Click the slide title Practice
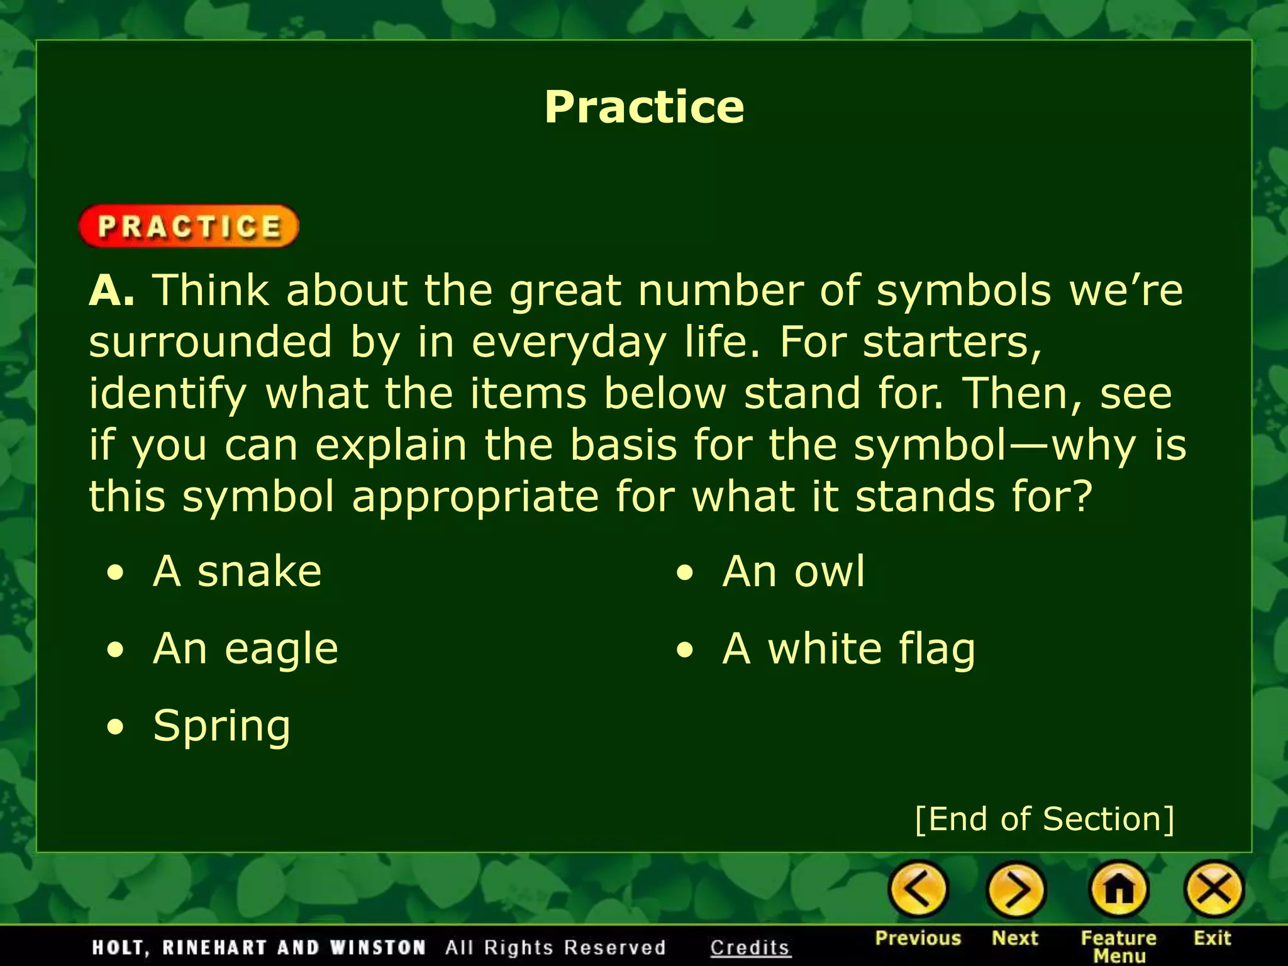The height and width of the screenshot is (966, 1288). click(644, 106)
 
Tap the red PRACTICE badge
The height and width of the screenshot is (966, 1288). click(189, 226)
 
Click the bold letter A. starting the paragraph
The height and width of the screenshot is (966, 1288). click(111, 291)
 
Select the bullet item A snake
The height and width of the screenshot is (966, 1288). click(237, 571)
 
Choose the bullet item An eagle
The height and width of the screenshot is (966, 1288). click(245, 648)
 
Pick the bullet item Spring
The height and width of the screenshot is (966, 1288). click(221, 726)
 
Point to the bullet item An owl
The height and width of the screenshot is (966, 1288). click(794, 571)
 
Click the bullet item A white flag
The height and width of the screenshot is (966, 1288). click(848, 648)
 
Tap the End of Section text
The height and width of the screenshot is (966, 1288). click(1044, 819)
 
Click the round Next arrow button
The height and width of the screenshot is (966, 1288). click(1016, 889)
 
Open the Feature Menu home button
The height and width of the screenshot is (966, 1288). click(1119, 889)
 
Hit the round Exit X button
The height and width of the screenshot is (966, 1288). click(1214, 889)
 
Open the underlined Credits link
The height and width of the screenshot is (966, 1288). click(750, 947)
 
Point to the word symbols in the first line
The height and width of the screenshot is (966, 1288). click(963, 291)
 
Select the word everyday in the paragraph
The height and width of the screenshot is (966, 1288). click(568, 343)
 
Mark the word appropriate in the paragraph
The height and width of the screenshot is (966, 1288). click(475, 496)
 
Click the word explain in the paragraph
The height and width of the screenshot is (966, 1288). click(391, 445)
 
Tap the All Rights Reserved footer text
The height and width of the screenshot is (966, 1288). click(555, 947)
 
